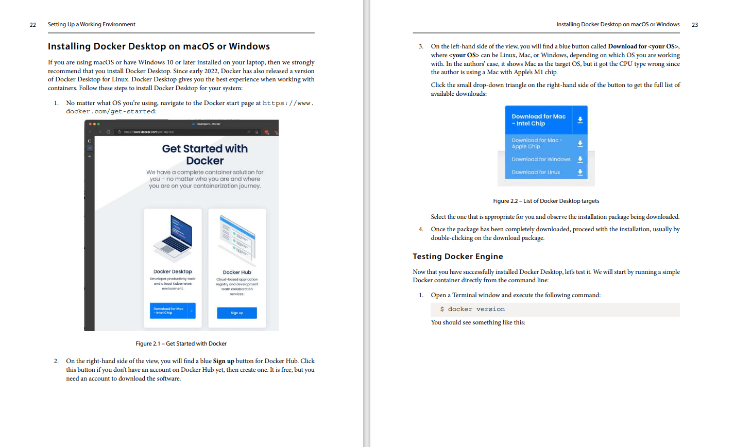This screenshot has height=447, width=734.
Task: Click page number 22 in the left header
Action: tap(33, 25)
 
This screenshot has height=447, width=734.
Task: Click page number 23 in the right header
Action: tap(695, 25)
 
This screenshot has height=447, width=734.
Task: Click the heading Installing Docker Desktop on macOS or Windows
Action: tap(159, 46)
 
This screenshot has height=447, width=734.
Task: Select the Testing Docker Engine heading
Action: tap(457, 256)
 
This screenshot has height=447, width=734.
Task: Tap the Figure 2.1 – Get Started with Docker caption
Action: tap(181, 343)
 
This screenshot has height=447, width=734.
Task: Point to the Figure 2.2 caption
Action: tap(546, 201)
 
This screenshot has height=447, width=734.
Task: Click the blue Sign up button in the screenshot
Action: tap(237, 313)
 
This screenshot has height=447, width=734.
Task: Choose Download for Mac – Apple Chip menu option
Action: tap(537, 143)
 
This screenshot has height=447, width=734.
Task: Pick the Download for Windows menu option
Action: tap(541, 159)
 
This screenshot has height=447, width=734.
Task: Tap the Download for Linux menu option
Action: tap(536, 172)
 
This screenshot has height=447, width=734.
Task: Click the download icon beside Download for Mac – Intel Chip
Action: tap(580, 120)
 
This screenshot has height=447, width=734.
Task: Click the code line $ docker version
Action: tap(472, 309)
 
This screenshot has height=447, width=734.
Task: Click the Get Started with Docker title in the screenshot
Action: tap(204, 154)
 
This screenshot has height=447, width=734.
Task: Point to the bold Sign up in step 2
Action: tap(224, 361)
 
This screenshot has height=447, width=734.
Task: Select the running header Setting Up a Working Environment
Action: tap(92, 25)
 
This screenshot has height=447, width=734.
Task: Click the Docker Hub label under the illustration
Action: tap(237, 272)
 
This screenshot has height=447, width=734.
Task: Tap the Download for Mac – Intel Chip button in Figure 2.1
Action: tap(169, 311)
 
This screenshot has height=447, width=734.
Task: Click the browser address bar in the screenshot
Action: tap(180, 132)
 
